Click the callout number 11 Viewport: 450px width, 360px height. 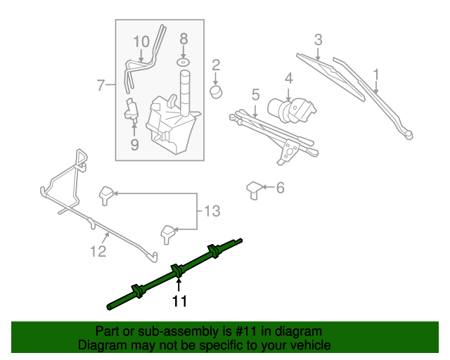[179, 302]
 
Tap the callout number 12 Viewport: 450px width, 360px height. [98, 250]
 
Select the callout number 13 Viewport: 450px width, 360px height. [212, 211]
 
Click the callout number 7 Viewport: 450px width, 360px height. [101, 86]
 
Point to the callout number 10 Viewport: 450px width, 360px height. [141, 41]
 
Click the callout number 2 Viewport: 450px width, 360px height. [216, 65]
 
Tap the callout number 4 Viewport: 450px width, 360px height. [288, 77]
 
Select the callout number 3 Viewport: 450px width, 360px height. [318, 40]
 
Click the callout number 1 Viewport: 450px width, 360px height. [376, 73]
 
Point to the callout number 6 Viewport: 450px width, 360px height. [280, 188]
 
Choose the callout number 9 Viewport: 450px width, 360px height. [134, 145]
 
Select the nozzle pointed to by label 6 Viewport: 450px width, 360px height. [254, 190]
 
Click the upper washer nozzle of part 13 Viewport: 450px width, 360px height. [107, 193]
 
